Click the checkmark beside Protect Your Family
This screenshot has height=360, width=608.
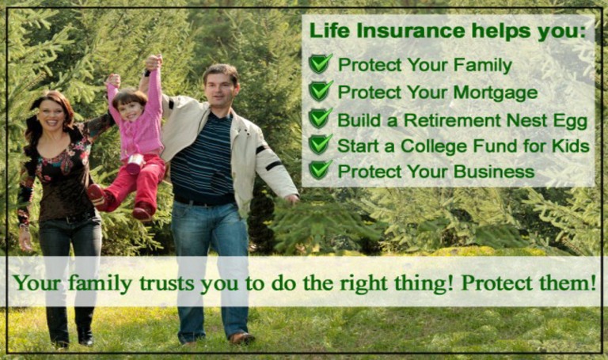tap(321, 63)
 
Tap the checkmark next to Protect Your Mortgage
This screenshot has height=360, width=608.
tap(321, 91)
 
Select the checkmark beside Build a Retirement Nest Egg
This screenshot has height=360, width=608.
tap(321, 118)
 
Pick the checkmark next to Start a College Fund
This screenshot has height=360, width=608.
tap(321, 145)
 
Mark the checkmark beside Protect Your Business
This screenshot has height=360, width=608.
tap(321, 170)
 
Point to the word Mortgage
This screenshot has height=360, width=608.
tap(495, 93)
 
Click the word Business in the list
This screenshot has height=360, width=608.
tap(494, 172)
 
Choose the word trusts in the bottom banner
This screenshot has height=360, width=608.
tap(167, 283)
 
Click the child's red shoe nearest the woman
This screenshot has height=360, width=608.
tap(97, 195)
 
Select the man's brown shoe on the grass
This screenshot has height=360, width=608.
tap(241, 339)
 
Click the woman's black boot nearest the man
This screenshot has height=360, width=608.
tap(85, 336)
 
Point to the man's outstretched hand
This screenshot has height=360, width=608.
tap(291, 199)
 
